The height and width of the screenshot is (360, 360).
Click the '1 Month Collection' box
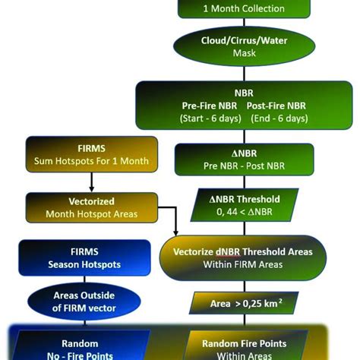pos(244,8)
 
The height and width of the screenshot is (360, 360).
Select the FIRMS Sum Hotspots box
pos(91,153)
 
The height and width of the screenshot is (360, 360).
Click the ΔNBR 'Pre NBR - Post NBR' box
pos(244,159)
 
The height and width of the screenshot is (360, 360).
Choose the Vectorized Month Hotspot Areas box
pos(91,207)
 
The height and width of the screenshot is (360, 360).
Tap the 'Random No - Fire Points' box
pos(80,349)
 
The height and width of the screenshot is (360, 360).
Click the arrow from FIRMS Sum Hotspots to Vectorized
pos(91,182)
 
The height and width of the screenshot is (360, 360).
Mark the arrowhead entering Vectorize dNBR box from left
pos(175,231)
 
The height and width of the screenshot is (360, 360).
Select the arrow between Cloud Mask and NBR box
pos(244,72)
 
